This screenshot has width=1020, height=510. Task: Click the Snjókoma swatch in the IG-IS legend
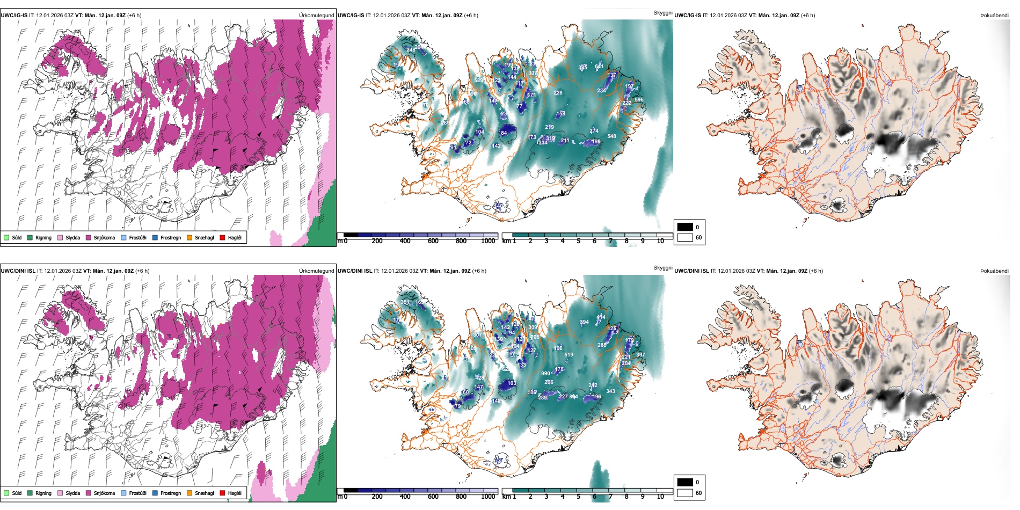click(89, 237)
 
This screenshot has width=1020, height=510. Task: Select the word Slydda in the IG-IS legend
click(72, 237)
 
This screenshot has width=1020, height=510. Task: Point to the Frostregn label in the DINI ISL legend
click(170, 493)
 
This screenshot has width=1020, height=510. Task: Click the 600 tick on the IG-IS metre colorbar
click(433, 241)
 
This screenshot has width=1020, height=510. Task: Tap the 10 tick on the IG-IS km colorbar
click(660, 241)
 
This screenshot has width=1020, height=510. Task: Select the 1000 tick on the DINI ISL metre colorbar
click(488, 497)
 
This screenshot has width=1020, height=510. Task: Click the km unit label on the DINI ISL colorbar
click(506, 497)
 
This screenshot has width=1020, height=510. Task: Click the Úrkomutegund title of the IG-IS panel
click(316, 16)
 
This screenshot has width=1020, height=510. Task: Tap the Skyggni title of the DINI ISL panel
click(662, 267)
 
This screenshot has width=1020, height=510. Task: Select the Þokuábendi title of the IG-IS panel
click(994, 16)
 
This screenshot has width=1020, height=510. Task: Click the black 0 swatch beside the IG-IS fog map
click(685, 227)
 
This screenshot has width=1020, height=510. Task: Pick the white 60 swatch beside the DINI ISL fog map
click(685, 493)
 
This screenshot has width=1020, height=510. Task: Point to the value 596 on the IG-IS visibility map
click(639, 100)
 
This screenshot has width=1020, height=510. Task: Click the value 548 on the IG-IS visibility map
click(611, 136)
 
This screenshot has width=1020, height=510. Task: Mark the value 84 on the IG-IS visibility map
click(504, 133)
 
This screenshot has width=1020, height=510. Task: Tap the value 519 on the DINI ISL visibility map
click(569, 355)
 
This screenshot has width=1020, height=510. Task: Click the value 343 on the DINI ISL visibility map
click(610, 391)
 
